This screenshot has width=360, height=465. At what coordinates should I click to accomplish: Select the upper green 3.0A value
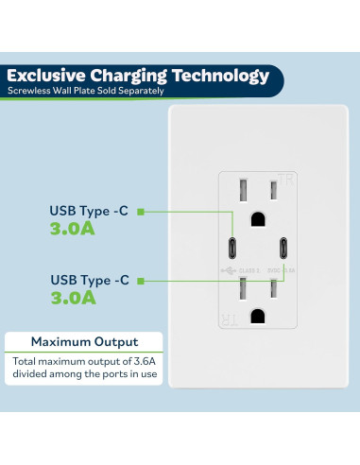pyautogui.click(x=74, y=228)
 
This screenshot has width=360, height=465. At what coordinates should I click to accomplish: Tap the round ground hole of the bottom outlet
pyautogui.click(x=257, y=317)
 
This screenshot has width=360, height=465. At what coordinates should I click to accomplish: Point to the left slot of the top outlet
pyautogui.click(x=242, y=190)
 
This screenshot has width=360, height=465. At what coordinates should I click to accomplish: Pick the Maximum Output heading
pyautogui.click(x=84, y=341)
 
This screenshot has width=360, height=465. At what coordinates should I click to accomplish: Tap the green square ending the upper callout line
pyautogui.click(x=140, y=212)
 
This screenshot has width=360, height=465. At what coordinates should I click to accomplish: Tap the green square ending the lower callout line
pyautogui.click(x=140, y=280)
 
